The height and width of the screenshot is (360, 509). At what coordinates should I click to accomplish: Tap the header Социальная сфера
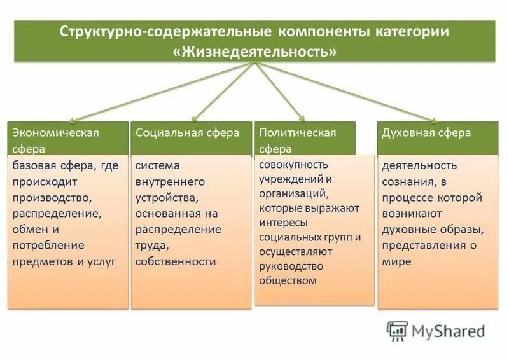tap(188, 133)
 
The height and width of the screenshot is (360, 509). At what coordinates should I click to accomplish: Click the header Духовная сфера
tap(426, 133)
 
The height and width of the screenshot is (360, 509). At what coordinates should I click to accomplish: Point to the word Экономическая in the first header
tap(56, 133)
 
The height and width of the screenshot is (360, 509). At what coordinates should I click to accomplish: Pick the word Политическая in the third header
tap(297, 133)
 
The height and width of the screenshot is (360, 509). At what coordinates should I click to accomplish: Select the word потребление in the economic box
tap(48, 245)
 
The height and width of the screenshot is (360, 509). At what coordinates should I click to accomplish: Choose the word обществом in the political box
tap(288, 280)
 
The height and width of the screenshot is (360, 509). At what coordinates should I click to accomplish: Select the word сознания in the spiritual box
tap(407, 181)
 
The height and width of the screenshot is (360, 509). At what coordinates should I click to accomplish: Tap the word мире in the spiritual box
tap(396, 261)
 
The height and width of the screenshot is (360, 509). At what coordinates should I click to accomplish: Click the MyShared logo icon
tap(397, 330)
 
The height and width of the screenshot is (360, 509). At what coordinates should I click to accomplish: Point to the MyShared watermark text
tap(448, 331)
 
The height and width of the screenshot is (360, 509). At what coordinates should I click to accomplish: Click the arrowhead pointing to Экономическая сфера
tap(73, 120)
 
